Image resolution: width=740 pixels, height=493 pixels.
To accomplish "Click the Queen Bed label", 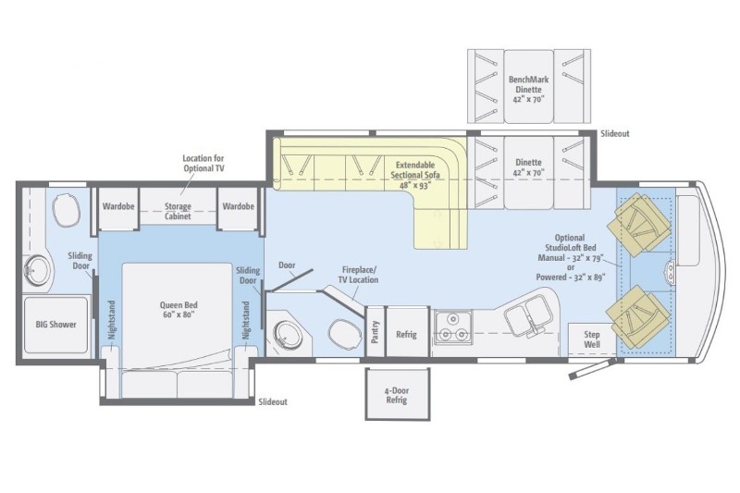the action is click(179, 310).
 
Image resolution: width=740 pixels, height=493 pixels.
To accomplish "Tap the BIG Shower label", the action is click(55, 324).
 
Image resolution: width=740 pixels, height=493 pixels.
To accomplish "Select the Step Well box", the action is click(592, 339).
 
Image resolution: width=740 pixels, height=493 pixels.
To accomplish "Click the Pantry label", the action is click(376, 332).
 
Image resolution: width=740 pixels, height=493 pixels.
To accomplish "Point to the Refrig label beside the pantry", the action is click(406, 335).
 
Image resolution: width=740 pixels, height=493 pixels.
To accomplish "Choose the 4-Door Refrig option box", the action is click(398, 394).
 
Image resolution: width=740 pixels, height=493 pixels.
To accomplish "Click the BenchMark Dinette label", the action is click(528, 89).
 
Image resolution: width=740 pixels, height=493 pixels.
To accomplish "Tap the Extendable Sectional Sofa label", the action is click(415, 175).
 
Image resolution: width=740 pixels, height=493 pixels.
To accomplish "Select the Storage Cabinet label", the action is click(178, 211).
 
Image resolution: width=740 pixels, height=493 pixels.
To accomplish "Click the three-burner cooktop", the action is click(453, 327).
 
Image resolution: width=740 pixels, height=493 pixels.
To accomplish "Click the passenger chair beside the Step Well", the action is click(637, 316).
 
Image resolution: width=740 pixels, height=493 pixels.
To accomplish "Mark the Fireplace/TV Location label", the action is click(358, 275).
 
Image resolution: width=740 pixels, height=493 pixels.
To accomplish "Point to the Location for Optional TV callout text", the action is click(203, 163).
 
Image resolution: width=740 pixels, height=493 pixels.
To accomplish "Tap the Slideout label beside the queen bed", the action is click(273, 402).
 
